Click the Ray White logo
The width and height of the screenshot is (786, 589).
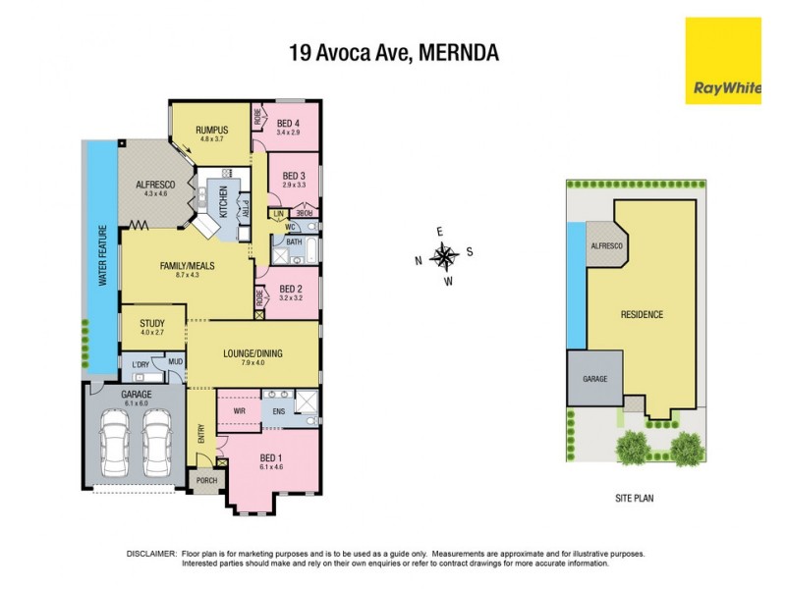722,60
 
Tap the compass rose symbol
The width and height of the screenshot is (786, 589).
445,258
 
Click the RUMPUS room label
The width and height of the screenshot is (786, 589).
211,130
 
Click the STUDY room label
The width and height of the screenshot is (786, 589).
152,322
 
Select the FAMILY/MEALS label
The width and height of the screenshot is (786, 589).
187,266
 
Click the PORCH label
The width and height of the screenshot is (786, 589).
206,480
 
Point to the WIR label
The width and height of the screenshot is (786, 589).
239,409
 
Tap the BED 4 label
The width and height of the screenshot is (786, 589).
289,121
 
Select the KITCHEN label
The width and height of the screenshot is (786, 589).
223,201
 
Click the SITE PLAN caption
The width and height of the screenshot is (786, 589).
629,498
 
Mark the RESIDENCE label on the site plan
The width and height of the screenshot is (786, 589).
642,315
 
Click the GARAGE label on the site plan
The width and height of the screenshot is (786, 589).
595,378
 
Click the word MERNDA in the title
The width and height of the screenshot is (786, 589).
459,52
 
